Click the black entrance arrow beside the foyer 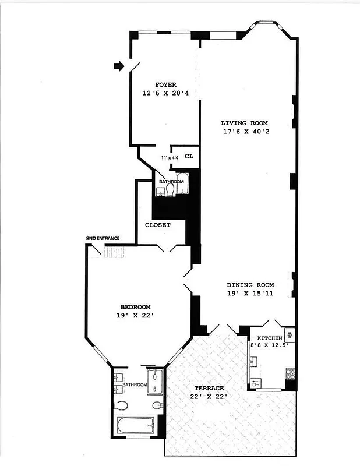pyautogui.click(x=119, y=67)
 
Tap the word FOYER pyautogui.click(x=165, y=84)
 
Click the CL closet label pyautogui.click(x=189, y=156)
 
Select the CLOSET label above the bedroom pyautogui.click(x=157, y=225)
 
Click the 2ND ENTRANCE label pyautogui.click(x=103, y=238)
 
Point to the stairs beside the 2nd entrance pyautogui.click(x=114, y=252)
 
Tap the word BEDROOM pyautogui.click(x=135, y=307)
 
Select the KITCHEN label pyautogui.click(x=270, y=338)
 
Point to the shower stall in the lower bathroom pyautogui.click(x=156, y=382)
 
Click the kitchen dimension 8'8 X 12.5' pyautogui.click(x=270, y=345)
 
